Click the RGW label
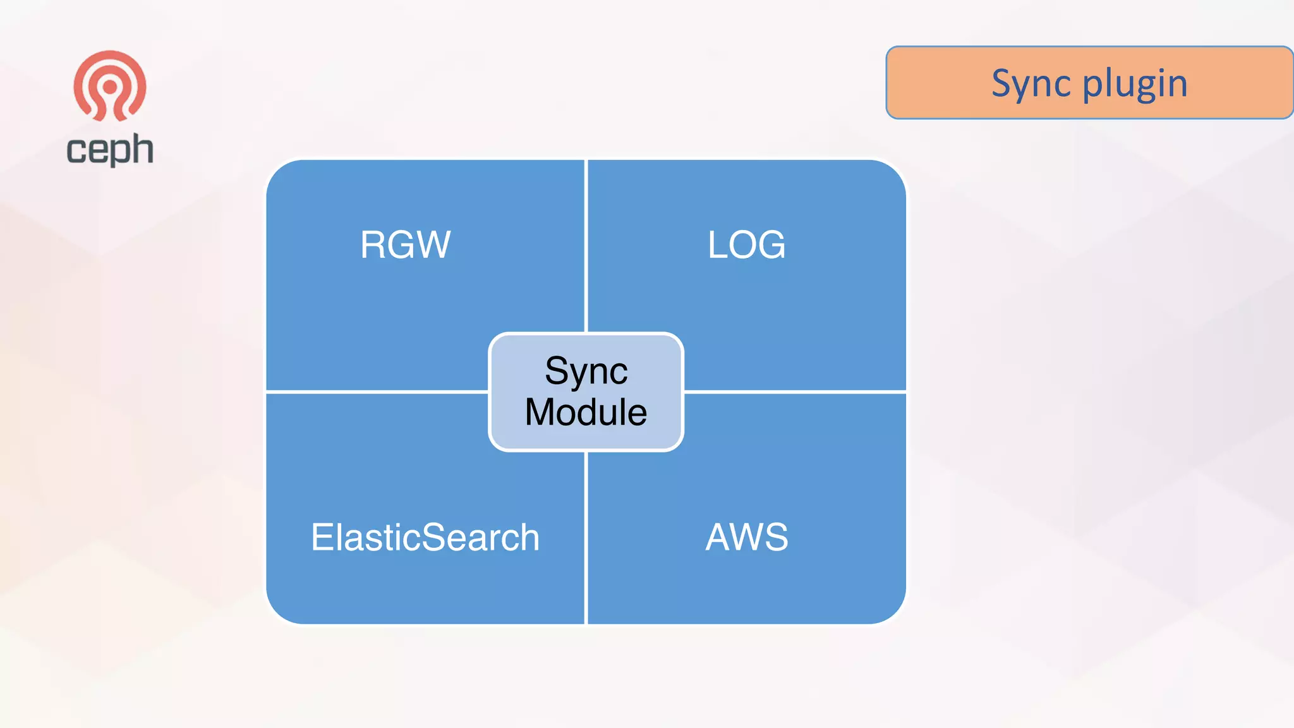405,245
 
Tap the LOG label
746,245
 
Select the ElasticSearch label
425,537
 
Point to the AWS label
746,537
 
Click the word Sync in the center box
586,370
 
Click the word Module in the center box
586,412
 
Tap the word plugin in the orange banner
1135,84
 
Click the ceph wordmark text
110,150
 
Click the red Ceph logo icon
110,85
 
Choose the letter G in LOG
770,245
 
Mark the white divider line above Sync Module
586,246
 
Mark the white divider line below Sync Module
586,537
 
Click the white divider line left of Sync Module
377,392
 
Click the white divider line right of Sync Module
795,392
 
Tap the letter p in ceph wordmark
119,153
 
